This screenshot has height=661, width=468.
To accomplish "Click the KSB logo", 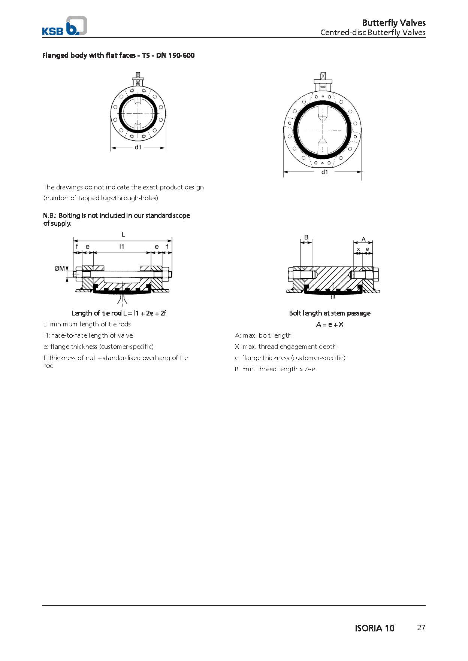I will (64, 26).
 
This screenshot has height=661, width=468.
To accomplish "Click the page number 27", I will (421, 628).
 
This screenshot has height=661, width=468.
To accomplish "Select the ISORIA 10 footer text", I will (374, 628).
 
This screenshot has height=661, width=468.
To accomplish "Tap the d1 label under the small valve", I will (138, 147).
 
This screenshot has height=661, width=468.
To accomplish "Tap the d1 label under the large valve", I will (324, 172).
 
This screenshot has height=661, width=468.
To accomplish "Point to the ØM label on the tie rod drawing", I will (60, 268).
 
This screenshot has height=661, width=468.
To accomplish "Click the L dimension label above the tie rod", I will (123, 235).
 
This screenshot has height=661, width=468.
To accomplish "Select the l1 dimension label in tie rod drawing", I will (121, 246).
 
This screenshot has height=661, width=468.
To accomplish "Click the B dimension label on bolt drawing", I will (306, 237).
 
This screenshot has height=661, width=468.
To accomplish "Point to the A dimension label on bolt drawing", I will (363, 240).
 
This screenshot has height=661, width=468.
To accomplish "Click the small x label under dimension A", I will (358, 249).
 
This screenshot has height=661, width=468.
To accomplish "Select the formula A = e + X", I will (330, 325).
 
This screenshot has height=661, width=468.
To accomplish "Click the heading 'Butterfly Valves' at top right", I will (393, 22).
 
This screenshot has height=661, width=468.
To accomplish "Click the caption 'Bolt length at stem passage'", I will (330, 313).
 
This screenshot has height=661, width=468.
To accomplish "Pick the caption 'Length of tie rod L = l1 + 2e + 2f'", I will (118, 313).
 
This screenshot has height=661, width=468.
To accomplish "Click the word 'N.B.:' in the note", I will (50, 216).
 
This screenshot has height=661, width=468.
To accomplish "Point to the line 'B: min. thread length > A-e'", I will (275, 369).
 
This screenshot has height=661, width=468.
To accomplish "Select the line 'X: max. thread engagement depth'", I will (286, 347).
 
